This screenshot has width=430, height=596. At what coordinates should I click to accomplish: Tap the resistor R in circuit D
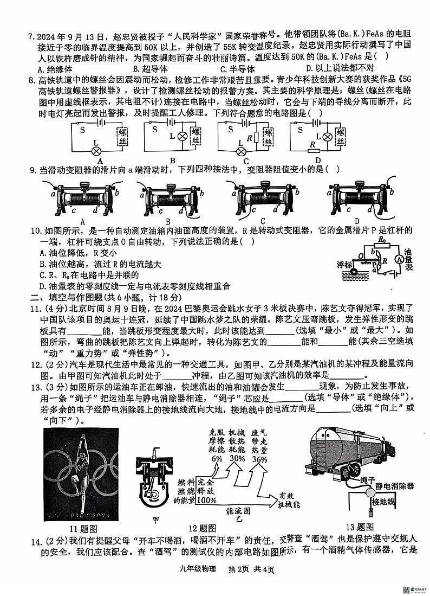coord(312,144)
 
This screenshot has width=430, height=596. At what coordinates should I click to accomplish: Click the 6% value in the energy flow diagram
coord(217,459)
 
